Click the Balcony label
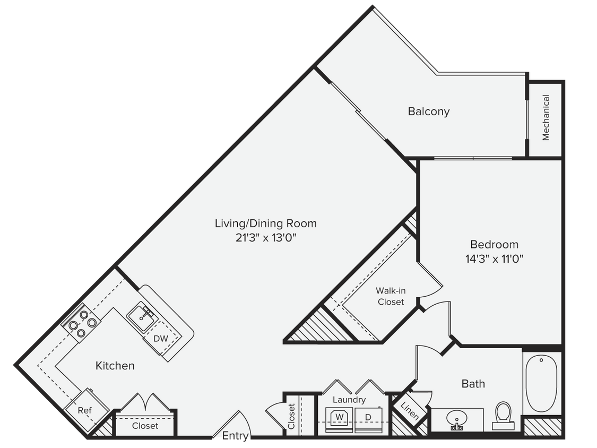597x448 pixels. [428, 111]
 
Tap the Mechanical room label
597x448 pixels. [546, 118]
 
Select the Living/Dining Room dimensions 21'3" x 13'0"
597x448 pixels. [265, 238]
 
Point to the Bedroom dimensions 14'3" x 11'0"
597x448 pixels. [494, 260]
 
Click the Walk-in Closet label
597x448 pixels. [391, 296]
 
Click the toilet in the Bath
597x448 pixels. [502, 414]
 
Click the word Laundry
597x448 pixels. [349, 400]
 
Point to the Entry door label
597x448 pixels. [235, 435]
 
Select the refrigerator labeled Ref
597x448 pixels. [85, 410]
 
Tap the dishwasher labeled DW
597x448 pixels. [160, 339]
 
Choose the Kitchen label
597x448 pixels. [115, 366]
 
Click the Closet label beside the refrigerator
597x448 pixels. [145, 426]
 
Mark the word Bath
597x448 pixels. [473, 383]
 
